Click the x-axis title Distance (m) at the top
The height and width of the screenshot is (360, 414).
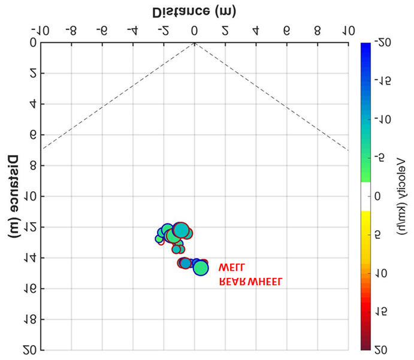(194, 11)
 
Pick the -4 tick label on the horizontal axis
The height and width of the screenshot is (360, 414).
(131, 30)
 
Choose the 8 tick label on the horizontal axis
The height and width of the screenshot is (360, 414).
(317, 30)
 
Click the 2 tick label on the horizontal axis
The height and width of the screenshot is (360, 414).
(225, 30)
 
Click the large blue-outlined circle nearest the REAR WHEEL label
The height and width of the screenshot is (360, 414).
(201, 268)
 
